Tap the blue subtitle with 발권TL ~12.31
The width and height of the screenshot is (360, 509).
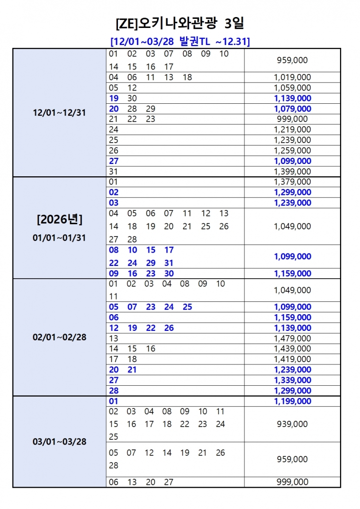[180, 42]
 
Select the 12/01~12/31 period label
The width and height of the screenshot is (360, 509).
[60, 113]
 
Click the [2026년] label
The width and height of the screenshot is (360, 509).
[60, 219]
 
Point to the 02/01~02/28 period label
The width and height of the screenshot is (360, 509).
[60, 338]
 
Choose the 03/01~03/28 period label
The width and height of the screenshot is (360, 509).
[60, 442]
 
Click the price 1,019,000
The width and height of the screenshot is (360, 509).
[292, 77]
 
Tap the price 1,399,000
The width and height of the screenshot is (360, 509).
[292, 172]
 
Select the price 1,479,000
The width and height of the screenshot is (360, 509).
[292, 338]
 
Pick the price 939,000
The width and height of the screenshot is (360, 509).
[292, 424]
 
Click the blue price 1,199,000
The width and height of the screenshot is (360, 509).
[292, 401]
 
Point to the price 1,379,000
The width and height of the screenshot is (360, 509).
[292, 182]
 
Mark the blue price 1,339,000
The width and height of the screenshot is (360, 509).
[292, 380]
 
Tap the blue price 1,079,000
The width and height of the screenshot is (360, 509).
[292, 109]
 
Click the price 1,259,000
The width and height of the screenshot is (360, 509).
[292, 151]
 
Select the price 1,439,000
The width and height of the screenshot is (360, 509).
[292, 349]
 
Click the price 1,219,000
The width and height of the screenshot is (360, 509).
[292, 129]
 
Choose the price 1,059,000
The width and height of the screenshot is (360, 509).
[292, 88]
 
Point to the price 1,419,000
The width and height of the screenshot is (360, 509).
[292, 359]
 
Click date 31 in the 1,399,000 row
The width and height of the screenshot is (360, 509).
[114, 172]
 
